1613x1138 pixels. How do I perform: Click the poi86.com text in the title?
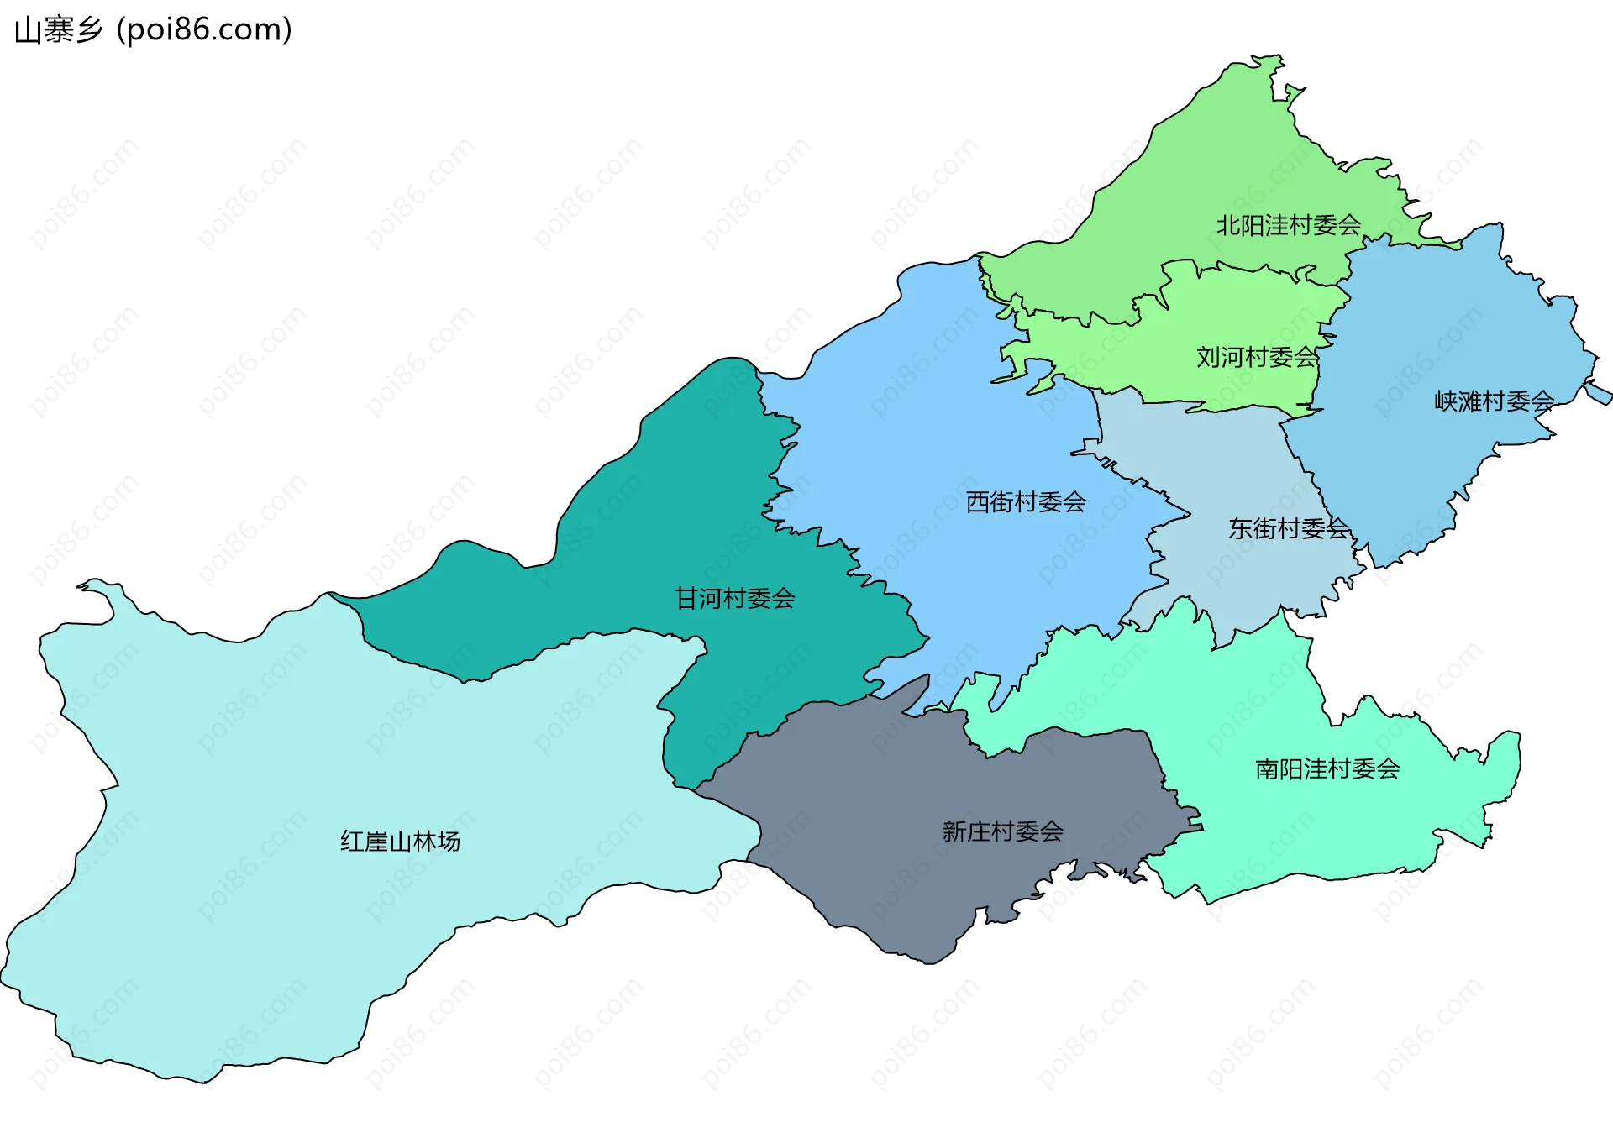pos(205,30)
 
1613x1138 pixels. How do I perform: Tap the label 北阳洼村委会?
pos(1289,225)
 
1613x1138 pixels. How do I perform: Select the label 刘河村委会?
pos(1257,357)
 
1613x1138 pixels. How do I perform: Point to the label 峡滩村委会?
pos(1494,401)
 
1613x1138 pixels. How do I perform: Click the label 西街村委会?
pos(1026,502)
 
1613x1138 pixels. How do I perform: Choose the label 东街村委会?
pos(1289,528)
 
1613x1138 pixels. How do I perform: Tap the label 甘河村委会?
pos(735,598)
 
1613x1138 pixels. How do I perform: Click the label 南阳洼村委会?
pos(1327,768)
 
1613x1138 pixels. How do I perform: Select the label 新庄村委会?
pos(1002,831)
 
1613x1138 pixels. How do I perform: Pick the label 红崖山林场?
pos(400,842)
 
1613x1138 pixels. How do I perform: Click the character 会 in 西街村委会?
pos(1074,502)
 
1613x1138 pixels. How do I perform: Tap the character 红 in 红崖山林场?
pos(352,842)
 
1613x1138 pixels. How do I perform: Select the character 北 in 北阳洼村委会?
pos(1229,225)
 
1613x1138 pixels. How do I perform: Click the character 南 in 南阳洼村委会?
pos(1267,768)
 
